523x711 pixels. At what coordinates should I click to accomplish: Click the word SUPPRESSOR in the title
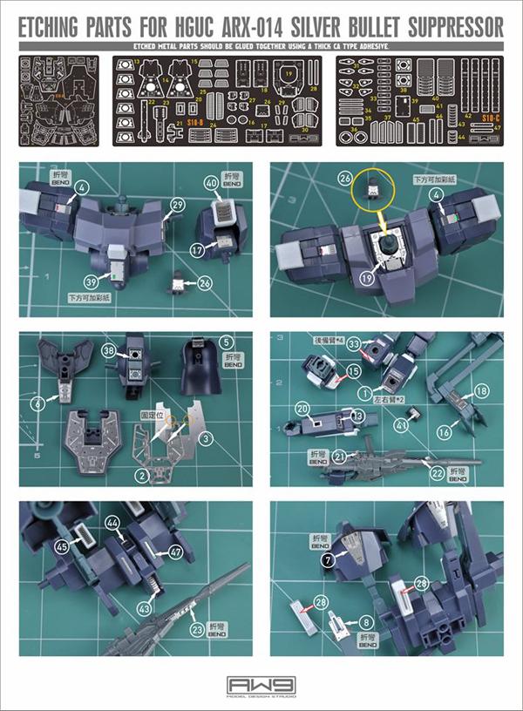pos(446,28)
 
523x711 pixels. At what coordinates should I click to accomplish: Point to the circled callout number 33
pos(353,344)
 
